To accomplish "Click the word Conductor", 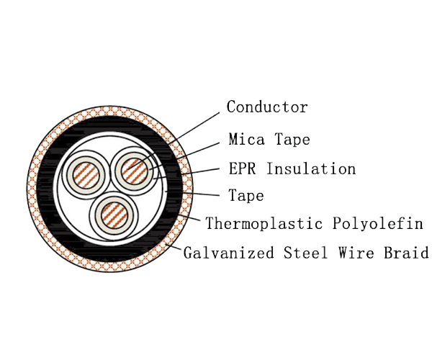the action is pos(267,107).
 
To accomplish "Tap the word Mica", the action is pos(246,139).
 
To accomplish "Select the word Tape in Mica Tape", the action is pos(292,140).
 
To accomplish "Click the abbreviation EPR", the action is pos(242,168).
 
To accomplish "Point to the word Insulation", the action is pos(311,168).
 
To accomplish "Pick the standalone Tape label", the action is pos(246,196).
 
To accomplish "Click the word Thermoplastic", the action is pos(264,223).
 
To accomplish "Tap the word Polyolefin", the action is pos(377,223).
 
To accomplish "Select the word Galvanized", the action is pos(229,252).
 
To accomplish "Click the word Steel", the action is pos(306,252).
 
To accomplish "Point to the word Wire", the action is pos(356,252).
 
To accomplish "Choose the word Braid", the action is pos(406,252).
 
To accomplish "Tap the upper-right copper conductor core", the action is pos(135,171).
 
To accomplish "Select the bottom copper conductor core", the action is pos(114,216).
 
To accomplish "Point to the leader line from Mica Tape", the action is pos(184,156).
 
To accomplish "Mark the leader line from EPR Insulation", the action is pos(186,174).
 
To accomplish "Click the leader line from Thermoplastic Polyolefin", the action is pos(190,217).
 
